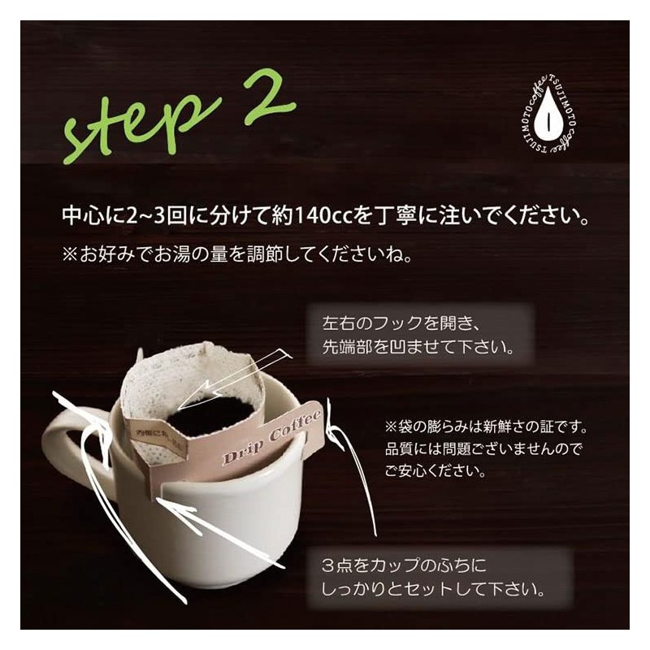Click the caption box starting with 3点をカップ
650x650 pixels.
click(x=442, y=575)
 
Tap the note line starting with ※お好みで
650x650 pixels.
click(x=237, y=255)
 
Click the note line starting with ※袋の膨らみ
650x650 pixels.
click(x=496, y=426)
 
